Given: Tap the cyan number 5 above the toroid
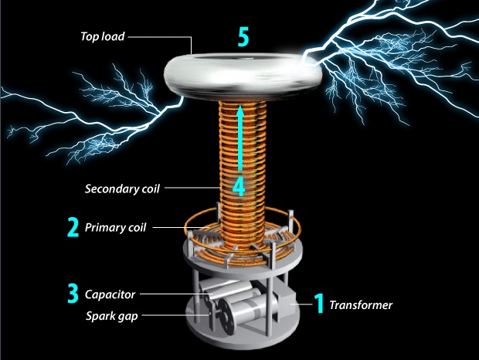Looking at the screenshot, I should coord(243,39).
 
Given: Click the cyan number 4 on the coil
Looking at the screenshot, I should coord(240,185).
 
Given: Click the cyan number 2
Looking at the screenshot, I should coord(73,228).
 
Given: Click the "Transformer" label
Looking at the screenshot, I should coord(361,305).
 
